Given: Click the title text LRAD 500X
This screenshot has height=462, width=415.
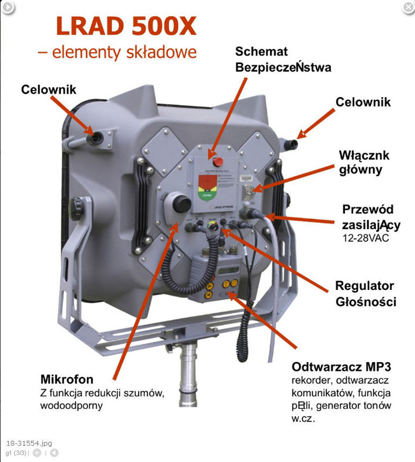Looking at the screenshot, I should [126, 26].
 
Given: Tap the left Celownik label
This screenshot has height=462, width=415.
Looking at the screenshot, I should [49, 90].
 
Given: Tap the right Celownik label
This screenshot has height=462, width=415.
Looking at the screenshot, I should [363, 102].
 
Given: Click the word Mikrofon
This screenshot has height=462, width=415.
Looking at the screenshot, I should [66, 379].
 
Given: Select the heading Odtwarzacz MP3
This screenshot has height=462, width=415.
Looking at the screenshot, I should [342, 367].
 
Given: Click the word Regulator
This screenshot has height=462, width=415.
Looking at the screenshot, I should [365, 286].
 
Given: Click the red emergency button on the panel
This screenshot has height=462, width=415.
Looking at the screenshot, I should [219, 159].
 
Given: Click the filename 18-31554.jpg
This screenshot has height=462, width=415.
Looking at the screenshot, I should [29, 443].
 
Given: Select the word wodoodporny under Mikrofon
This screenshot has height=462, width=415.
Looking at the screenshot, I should [72, 405].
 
